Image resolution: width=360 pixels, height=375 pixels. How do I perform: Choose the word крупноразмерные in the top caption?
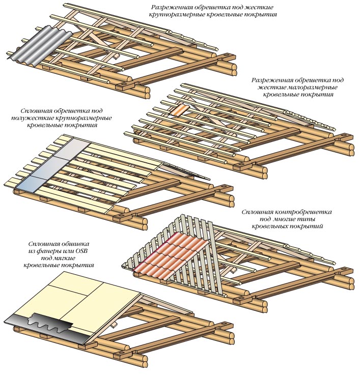pos(188,16)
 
